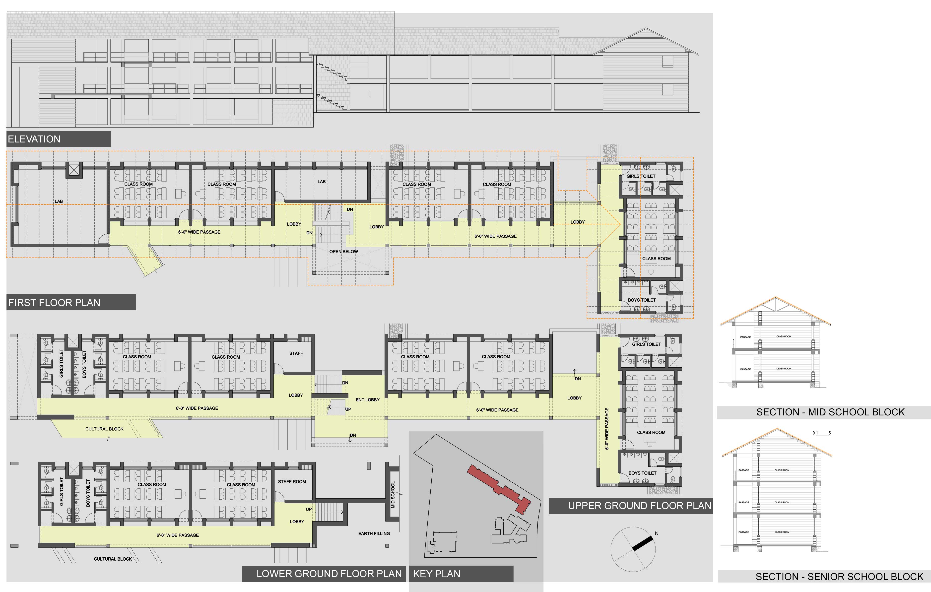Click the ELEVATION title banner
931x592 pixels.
coord(34,139)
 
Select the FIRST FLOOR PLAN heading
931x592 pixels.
coord(54,303)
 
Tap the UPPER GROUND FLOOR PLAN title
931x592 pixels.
coord(640,506)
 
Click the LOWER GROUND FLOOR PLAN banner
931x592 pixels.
coord(329,574)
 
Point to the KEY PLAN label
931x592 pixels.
coord(437,574)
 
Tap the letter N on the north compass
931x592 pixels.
coord(657,533)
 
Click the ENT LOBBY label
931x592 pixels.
coord(367,400)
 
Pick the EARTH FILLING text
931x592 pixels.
coord(374,534)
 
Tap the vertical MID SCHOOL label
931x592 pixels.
coord(393,495)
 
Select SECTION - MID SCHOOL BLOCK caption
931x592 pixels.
coord(830,412)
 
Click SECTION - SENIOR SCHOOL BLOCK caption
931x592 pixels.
coord(839,577)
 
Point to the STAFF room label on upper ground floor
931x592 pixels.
coord(296,353)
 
